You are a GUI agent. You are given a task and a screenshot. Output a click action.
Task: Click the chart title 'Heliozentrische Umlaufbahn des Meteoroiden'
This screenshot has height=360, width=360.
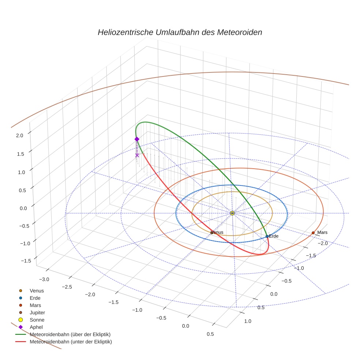pyautogui.click(x=180, y=32)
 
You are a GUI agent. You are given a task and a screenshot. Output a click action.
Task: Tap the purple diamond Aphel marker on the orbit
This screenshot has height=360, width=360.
pyautogui.click(x=137, y=139)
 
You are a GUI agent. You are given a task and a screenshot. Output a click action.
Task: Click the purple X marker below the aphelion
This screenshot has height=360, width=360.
pyautogui.click(x=137, y=155)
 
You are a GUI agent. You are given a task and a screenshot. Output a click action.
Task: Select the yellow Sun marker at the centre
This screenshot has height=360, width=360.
pyautogui.click(x=232, y=213)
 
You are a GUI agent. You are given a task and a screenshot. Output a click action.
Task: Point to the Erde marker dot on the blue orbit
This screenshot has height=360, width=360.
pyautogui.click(x=267, y=236)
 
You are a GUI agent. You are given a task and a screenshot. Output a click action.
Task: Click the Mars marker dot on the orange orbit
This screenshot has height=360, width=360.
pyautogui.click(x=313, y=233)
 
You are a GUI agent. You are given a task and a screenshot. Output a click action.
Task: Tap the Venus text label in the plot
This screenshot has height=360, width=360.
pyautogui.click(x=217, y=232)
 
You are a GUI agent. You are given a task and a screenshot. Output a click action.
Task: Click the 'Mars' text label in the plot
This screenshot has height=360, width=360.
pyautogui.click(x=322, y=232)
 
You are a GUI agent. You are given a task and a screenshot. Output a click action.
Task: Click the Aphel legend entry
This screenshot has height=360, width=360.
pyautogui.click(x=36, y=327)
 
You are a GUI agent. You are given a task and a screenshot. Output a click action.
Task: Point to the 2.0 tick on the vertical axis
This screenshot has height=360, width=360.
pyautogui.click(x=19, y=135)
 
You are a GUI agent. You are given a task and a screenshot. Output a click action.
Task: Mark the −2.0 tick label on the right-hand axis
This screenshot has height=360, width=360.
pyautogui.click(x=322, y=243)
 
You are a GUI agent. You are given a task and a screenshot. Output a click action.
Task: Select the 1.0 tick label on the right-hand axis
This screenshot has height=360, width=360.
pyautogui.click(x=247, y=321)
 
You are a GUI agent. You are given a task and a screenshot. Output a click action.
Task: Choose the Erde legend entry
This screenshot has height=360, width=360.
pyautogui.click(x=35, y=298)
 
